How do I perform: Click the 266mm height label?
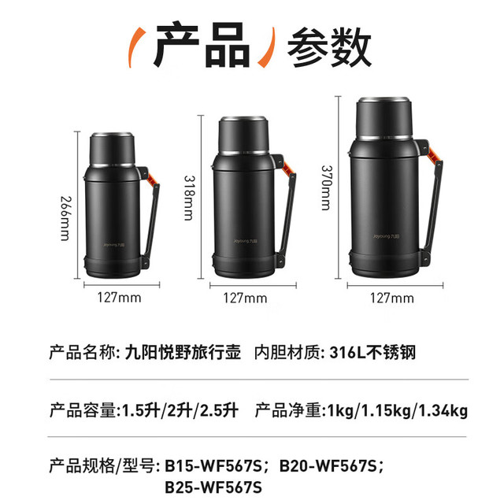tap(65, 218)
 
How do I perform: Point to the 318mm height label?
tap(189, 198)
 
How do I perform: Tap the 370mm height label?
tap(326, 187)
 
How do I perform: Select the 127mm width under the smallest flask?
tap(119, 298)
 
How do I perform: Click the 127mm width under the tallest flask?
tap(392, 298)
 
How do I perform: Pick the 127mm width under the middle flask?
tap(245, 298)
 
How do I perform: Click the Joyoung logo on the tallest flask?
tap(387, 236)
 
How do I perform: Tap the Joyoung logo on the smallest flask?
tap(114, 245)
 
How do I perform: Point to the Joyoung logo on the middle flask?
tap(246, 241)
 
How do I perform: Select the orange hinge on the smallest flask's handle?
tap(153, 179)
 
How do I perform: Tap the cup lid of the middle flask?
tap(243, 135)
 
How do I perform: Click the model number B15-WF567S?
tap(213, 466)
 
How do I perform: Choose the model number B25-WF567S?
tap(213, 487)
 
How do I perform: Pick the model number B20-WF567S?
tap(328, 466)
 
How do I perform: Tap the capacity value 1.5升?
tap(141, 411)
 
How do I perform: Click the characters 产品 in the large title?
tap(202, 44)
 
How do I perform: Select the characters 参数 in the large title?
tap(329, 47)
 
